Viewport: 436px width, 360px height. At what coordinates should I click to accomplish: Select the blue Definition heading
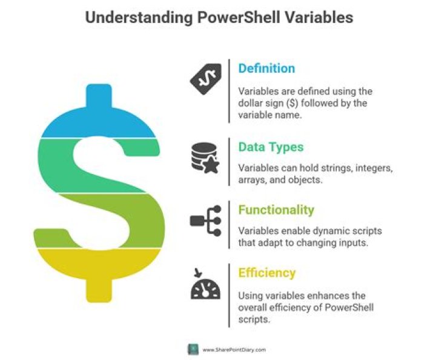[x=266, y=68]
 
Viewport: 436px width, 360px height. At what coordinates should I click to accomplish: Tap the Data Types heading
[x=271, y=147]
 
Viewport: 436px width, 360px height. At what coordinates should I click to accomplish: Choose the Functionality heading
[x=276, y=210]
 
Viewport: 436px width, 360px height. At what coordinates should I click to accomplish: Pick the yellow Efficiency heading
[x=267, y=273]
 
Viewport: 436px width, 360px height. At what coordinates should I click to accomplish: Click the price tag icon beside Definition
[x=206, y=78]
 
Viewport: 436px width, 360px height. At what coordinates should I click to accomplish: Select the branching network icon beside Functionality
[x=205, y=220]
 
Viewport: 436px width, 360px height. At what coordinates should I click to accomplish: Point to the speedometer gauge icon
[x=205, y=284]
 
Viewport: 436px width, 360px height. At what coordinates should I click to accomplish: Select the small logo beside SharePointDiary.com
[x=193, y=349]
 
